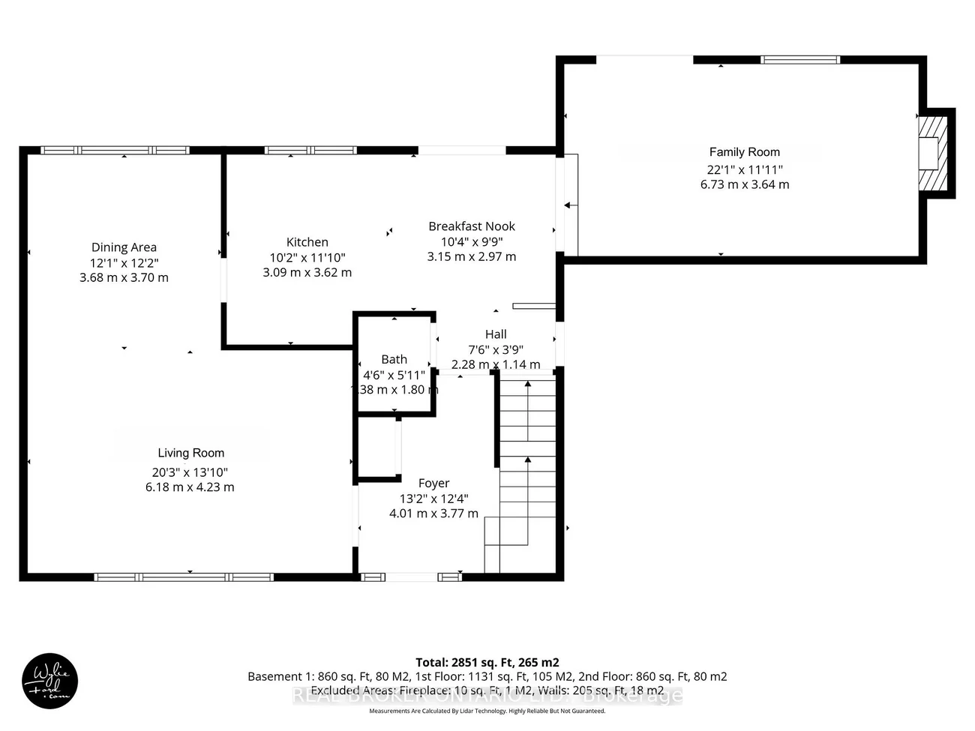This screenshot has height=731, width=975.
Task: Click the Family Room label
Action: tap(744, 152)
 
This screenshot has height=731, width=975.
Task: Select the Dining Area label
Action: tap(124, 247)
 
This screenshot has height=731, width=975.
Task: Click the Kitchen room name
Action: tap(307, 242)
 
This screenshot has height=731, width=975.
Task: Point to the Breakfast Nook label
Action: tap(472, 226)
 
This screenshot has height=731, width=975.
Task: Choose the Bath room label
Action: tap(394, 360)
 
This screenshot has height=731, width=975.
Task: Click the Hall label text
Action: tap(495, 334)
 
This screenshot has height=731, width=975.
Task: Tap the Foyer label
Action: tap(433, 484)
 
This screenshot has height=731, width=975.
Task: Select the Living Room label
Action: tap(190, 453)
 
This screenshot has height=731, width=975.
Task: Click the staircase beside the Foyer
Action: tap(528, 472)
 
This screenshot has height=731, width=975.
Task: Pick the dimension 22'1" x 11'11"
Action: tap(744, 169)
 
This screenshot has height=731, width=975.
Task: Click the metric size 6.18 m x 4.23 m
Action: tap(190, 487)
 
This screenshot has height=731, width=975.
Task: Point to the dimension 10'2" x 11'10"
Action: tap(307, 258)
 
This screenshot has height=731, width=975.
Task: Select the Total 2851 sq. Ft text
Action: tap(487, 662)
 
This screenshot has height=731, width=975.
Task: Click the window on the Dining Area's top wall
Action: tap(115, 150)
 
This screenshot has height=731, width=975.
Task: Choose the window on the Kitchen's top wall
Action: tap(310, 150)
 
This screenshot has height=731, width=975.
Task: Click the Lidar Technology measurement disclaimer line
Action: tap(487, 711)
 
